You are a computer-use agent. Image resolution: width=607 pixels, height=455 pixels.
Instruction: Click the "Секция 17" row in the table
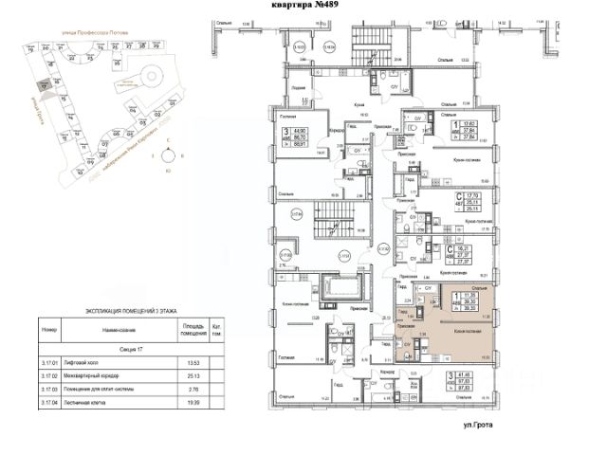pos(132,348)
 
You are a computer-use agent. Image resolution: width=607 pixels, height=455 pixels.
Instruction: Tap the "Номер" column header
pos(50,331)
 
